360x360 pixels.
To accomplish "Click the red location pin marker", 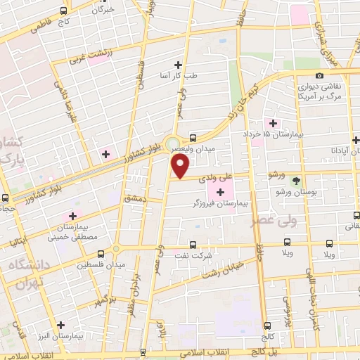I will coord(181,167).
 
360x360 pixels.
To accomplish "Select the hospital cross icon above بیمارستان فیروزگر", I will coord(221,192).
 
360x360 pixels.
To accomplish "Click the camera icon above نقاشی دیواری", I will coord(320,76).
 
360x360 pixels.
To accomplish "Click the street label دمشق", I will coord(134,200).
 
